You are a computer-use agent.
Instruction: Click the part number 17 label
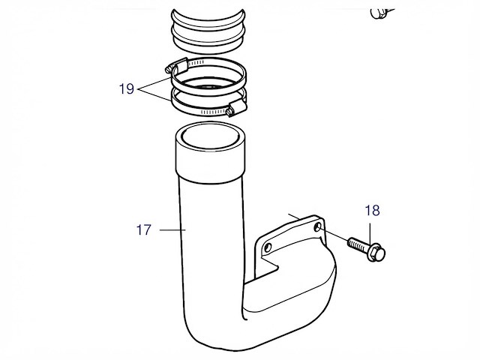[x=143, y=230]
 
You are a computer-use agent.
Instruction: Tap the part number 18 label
[x=372, y=211]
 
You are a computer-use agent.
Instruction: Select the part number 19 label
[x=127, y=89]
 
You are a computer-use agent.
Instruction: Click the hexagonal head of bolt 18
[x=376, y=253]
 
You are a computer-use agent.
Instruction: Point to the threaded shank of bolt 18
[x=358, y=245]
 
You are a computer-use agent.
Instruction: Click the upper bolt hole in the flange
[x=318, y=227]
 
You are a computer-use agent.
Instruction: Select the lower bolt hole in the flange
[x=268, y=247]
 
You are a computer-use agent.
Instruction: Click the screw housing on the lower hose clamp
[x=237, y=106]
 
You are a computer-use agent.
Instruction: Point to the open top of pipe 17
[x=210, y=136]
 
